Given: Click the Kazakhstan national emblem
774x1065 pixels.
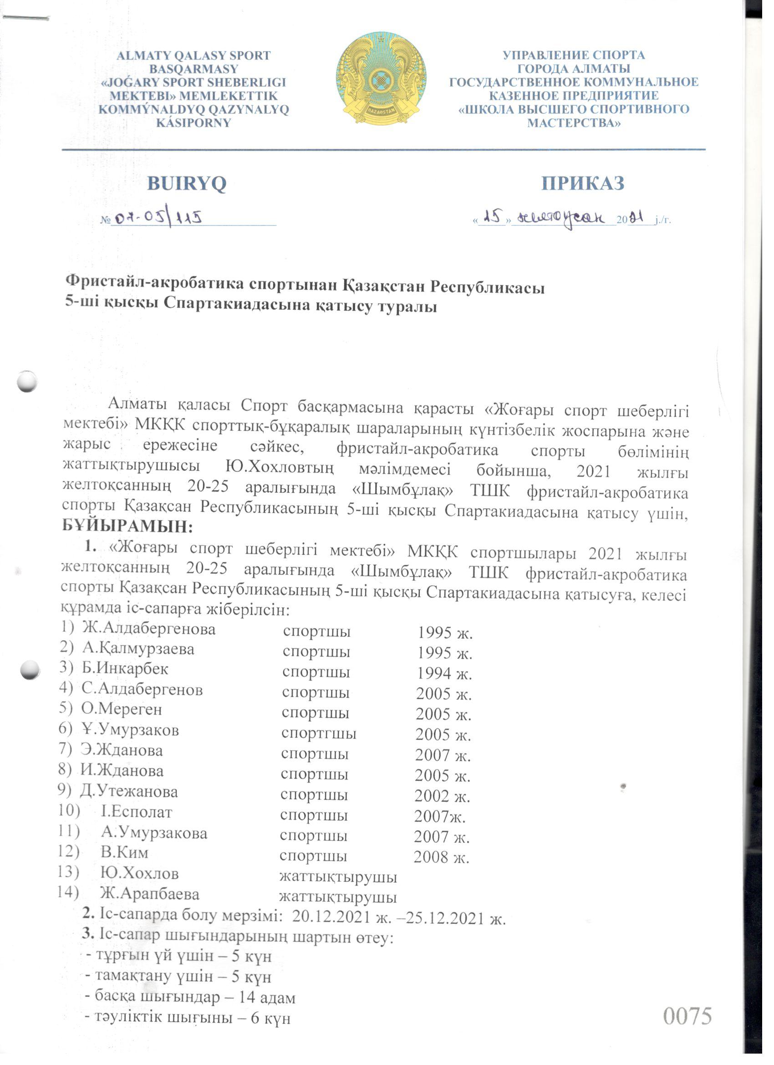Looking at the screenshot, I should tap(381, 79).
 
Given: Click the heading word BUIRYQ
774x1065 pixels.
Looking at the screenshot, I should tap(186, 184).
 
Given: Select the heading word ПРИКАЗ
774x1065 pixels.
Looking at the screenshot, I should tap(582, 184).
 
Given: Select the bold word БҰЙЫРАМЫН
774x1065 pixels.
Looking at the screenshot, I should tap(127, 527).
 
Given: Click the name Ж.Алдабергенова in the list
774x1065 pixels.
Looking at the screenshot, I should tap(149, 629).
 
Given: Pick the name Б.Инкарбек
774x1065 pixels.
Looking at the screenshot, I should tap(125, 669).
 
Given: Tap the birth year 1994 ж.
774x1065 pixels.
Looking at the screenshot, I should tap(444, 674).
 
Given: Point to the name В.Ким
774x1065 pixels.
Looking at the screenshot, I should tap(124, 852).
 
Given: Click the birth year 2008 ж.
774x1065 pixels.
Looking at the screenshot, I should tap(441, 857).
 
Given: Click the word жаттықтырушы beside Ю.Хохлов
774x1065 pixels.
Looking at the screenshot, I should tap(338, 877).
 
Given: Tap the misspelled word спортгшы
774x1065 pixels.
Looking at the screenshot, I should tap(319, 733).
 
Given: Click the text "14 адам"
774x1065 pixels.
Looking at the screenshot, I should tap(267, 998).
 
